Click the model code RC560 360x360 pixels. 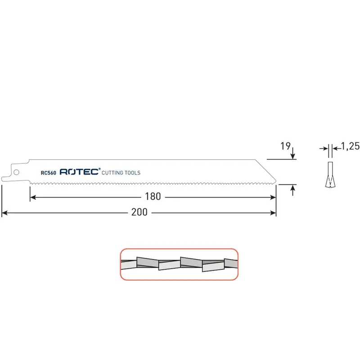tap(49, 173)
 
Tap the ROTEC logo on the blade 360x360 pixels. tap(79, 172)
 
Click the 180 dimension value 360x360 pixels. tap(153, 197)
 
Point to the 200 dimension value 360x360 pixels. tap(139, 212)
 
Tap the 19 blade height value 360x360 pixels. tap(285, 146)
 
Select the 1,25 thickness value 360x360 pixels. tap(351, 146)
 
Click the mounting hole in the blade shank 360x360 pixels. tap(16, 172)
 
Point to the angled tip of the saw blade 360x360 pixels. tap(275, 180)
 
